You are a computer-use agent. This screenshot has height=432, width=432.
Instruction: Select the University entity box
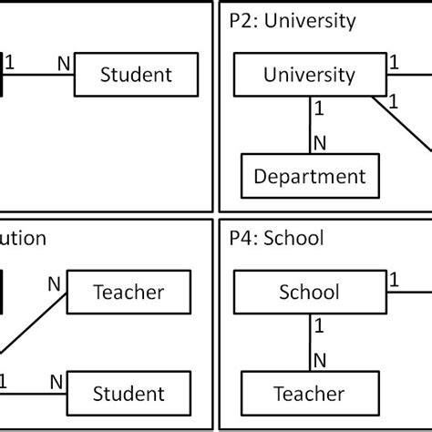point(309,74)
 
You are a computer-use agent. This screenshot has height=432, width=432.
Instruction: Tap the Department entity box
point(309,177)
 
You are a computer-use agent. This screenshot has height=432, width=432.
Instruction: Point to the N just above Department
point(319,143)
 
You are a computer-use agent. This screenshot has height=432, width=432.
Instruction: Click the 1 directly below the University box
point(319,108)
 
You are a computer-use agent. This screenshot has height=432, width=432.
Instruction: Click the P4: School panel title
point(276,238)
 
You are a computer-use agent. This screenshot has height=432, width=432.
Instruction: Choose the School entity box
point(309,292)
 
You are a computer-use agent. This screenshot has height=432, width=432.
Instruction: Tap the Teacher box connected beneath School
point(309,394)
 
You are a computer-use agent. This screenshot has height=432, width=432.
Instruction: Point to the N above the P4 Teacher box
point(319,361)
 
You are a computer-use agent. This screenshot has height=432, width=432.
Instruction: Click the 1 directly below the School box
point(319,325)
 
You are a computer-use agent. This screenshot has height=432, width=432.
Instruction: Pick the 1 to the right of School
point(395,280)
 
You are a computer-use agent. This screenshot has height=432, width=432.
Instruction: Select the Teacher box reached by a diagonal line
point(129,292)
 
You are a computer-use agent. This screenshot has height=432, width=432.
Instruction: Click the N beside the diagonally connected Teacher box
point(54,283)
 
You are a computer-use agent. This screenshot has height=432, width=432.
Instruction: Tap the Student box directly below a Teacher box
point(129,394)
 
